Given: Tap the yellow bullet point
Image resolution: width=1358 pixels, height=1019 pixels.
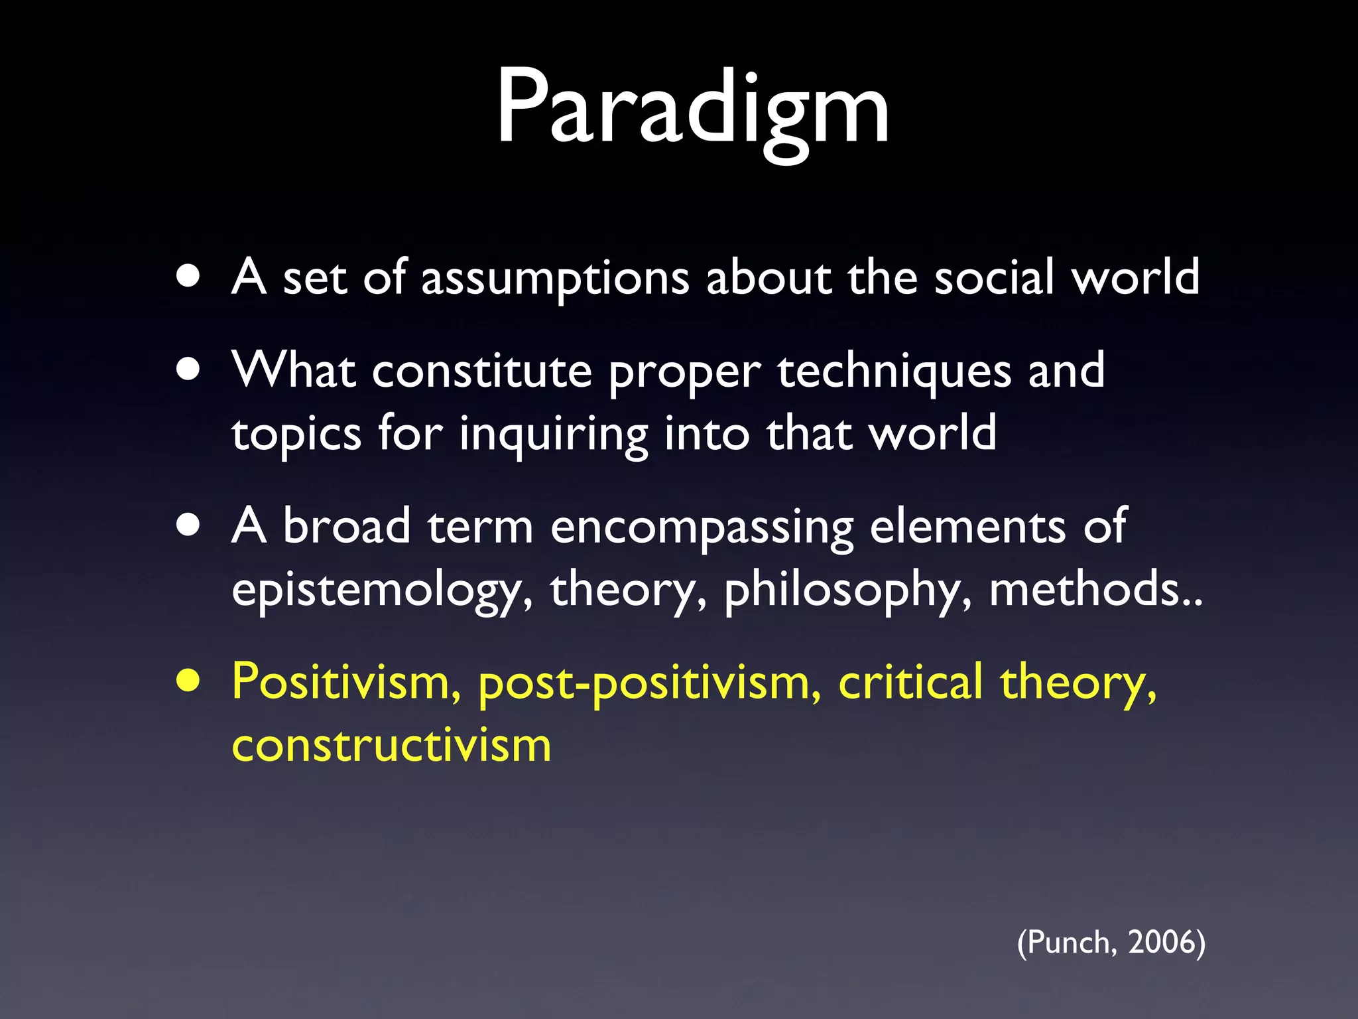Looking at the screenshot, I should point(189,681).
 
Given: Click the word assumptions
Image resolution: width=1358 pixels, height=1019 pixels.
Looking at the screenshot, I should point(555,279).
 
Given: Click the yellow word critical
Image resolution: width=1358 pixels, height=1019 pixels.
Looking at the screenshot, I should point(910,681).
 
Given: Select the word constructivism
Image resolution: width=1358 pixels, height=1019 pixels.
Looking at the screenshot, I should point(391,745).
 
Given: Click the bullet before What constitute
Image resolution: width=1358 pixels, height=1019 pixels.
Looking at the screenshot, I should point(189,370).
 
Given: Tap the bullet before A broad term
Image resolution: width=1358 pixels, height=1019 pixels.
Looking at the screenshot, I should point(189,525).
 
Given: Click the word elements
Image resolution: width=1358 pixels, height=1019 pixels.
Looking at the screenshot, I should point(967,526).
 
